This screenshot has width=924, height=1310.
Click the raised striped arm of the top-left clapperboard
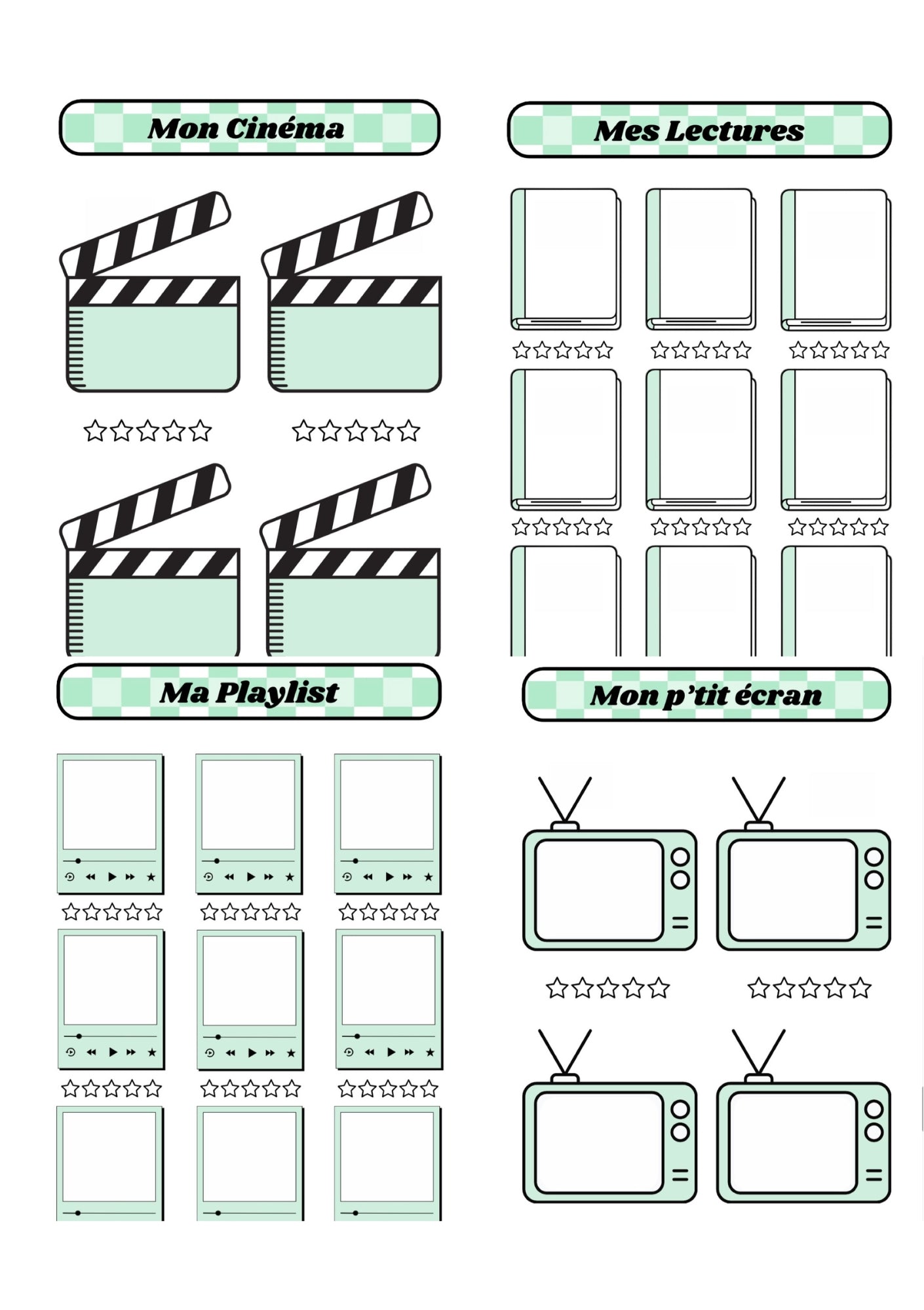[145, 234]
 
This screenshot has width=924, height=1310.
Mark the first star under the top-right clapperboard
[303, 431]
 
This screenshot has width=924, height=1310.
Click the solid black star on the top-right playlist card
[429, 877]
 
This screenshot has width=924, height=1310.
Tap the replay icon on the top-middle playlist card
[208, 877]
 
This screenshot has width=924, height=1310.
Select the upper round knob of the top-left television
[680, 857]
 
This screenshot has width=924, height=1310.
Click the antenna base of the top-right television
[758, 826]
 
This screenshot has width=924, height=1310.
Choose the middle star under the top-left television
[607, 988]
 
